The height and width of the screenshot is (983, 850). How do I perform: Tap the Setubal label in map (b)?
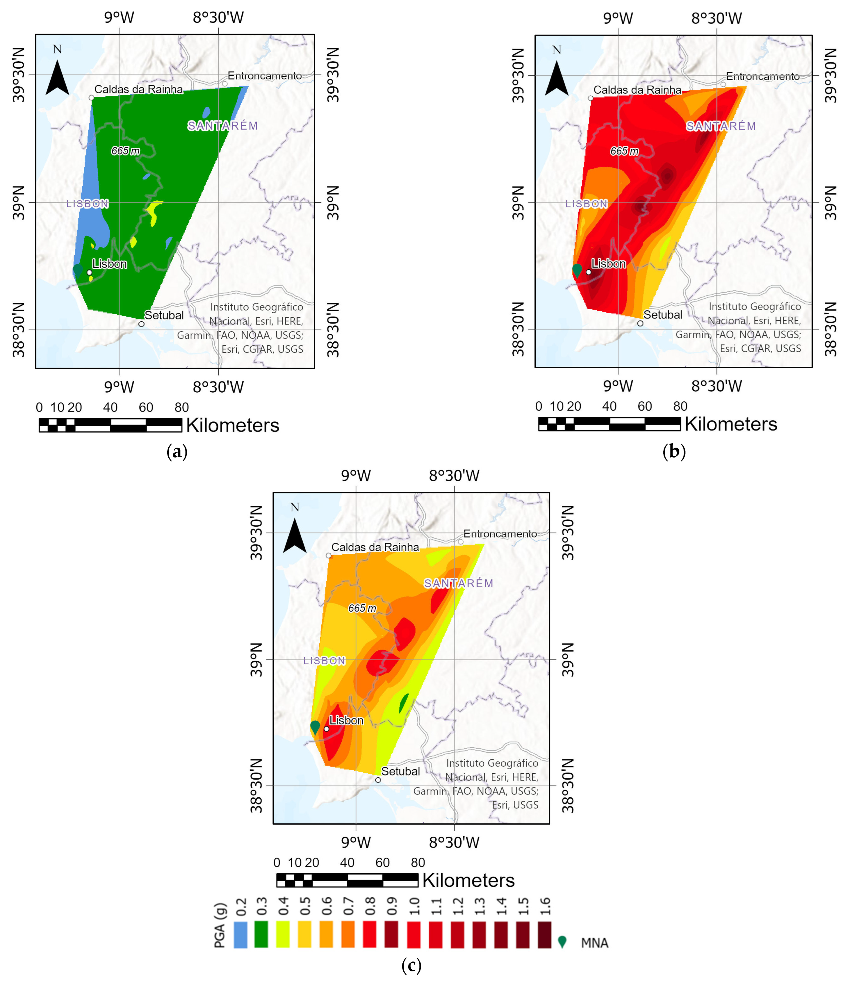pos(662,315)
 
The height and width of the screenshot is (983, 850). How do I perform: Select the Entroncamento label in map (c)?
pos(500,534)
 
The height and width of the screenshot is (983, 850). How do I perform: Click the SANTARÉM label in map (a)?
pos(223,126)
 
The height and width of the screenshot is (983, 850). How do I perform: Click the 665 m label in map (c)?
pos(362,608)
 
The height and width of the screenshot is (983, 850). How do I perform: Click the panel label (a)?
pos(177,451)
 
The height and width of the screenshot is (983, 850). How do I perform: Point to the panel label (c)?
pos(411,965)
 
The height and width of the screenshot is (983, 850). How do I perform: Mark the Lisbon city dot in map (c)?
pos(326,729)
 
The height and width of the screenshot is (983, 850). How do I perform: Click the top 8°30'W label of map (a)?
pos(218,17)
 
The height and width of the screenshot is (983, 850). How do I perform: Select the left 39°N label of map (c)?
pos(256,660)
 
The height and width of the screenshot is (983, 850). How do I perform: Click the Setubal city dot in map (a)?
pos(141,324)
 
